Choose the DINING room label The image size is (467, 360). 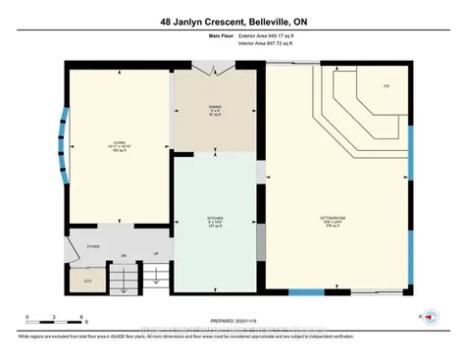pyautogui.click(x=214, y=108)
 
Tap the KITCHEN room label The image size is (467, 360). pyautogui.click(x=216, y=219)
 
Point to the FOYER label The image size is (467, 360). pyautogui.click(x=94, y=247)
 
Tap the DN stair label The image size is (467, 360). pyautogui.click(x=123, y=255)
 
